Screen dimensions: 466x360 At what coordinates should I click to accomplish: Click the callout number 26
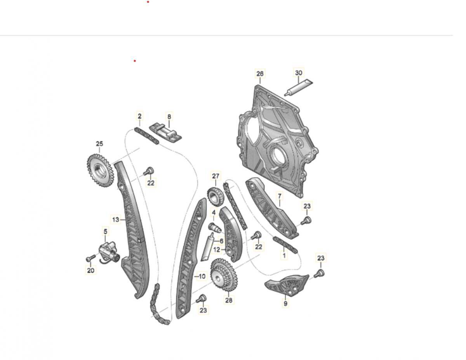click(x=260, y=73)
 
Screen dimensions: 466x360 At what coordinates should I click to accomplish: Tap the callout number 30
click(x=299, y=73)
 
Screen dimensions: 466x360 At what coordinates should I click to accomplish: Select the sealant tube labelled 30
click(x=299, y=87)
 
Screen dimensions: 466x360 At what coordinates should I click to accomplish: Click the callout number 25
click(x=99, y=144)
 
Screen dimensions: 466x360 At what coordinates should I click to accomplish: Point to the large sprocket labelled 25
click(x=100, y=170)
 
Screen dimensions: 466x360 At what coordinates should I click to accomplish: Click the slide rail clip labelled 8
click(x=165, y=133)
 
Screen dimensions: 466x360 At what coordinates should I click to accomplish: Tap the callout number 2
click(x=140, y=116)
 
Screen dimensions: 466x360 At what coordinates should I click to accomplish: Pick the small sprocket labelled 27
click(x=215, y=197)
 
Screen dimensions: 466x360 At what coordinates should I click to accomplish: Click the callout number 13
click(x=116, y=219)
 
